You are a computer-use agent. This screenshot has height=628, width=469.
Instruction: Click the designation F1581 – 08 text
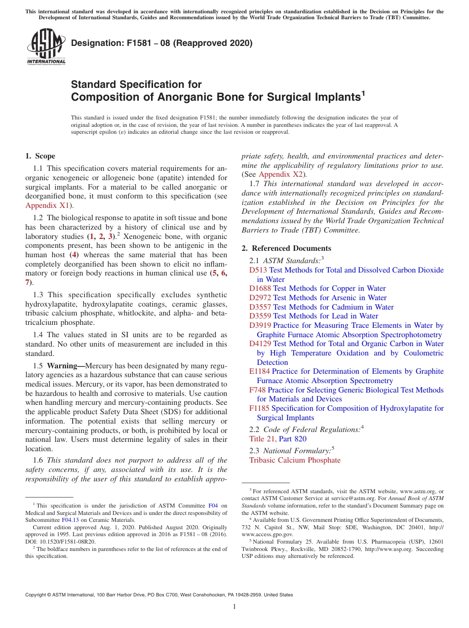(x=162, y=43)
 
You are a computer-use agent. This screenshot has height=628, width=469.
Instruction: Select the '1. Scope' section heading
(x=40, y=156)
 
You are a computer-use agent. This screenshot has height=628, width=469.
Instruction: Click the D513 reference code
(x=258, y=270)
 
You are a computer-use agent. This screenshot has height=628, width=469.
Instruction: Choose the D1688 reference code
(x=260, y=288)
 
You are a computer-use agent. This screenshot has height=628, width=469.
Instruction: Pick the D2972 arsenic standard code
(x=260, y=298)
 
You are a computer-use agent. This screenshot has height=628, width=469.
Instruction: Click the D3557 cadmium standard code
(x=260, y=307)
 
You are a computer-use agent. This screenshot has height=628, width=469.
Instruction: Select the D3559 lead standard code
(x=260, y=316)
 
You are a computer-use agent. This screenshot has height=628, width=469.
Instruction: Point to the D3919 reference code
(x=260, y=325)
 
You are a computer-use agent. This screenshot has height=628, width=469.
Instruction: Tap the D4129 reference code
(x=260, y=344)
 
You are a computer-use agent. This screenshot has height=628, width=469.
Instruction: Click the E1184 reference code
(x=260, y=371)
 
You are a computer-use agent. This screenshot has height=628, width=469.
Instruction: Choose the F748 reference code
(x=258, y=390)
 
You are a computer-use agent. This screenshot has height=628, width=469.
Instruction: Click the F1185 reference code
(x=259, y=408)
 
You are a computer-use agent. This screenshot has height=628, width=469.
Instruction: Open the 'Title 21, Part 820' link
(x=278, y=439)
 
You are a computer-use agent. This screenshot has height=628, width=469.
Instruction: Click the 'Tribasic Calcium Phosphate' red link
(x=295, y=460)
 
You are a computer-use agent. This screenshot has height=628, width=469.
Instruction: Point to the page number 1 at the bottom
(x=234, y=606)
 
